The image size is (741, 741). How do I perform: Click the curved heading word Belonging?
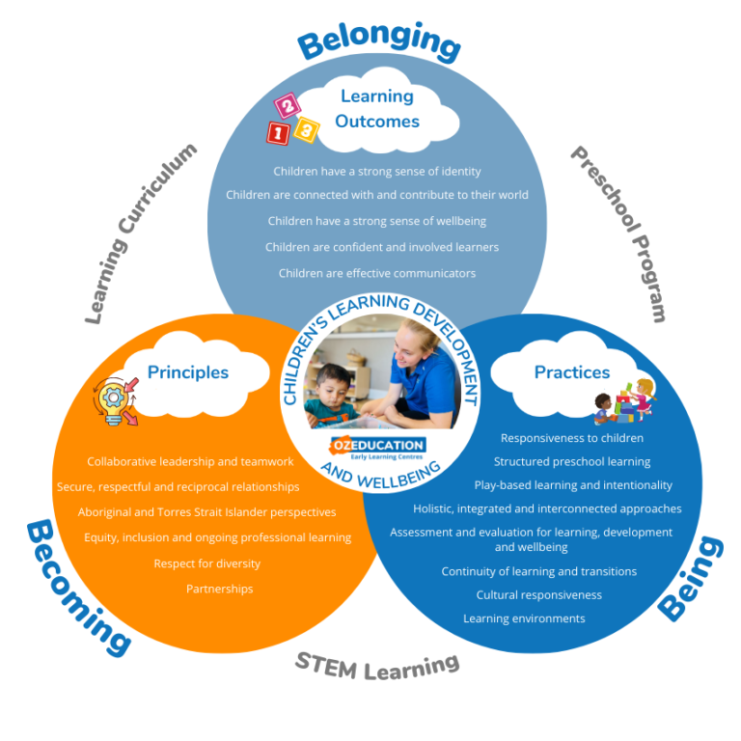click(x=379, y=41)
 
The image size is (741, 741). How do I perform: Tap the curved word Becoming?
click(x=75, y=589)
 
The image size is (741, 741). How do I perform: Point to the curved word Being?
click(x=691, y=579)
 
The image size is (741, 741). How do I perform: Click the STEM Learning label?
click(x=377, y=667)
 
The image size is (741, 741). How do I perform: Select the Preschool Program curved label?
click(x=620, y=233)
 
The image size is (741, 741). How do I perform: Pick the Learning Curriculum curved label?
click(x=138, y=233)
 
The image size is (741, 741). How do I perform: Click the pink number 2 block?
click(x=288, y=105)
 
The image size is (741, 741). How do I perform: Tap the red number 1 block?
click(x=278, y=133)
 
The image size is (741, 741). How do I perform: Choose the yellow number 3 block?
click(x=306, y=129)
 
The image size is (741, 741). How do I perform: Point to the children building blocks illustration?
click(x=625, y=400)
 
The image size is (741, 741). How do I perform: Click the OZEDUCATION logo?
click(x=378, y=448)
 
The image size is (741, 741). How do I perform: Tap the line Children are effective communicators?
click(x=377, y=273)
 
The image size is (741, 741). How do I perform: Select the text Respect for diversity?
click(x=207, y=563)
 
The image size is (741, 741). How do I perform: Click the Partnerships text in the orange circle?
click(x=220, y=589)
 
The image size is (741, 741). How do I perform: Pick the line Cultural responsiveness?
click(x=538, y=594)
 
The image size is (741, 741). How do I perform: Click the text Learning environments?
click(x=524, y=618)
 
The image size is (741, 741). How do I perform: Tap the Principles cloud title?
click(x=188, y=372)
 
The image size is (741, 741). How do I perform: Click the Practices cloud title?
click(x=572, y=371)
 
